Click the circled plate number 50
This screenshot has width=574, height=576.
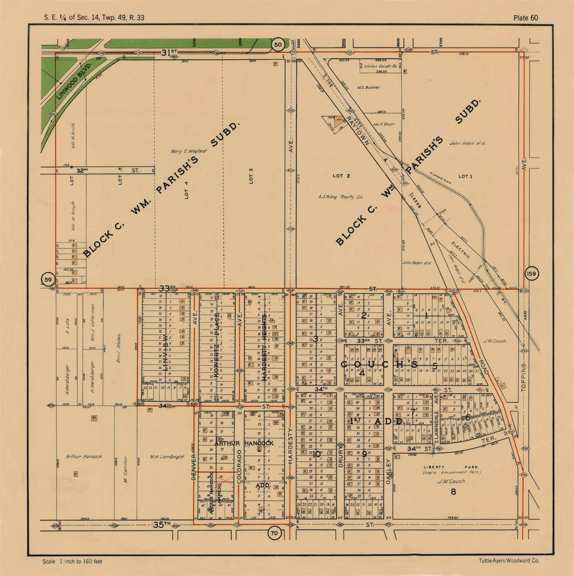pos(277,45)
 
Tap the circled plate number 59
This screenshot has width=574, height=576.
pos(48,280)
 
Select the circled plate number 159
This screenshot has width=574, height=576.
pos(532,274)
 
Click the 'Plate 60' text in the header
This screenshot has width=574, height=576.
pos(525,18)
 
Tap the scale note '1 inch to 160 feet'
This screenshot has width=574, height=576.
pos(72,561)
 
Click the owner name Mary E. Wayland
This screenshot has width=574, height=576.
pos(188,151)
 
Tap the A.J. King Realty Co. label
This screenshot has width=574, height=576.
pos(341,197)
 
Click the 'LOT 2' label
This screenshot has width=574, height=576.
pos(341,176)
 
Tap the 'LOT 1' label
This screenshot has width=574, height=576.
pos(465,177)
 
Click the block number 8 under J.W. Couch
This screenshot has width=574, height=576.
pos(452,492)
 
